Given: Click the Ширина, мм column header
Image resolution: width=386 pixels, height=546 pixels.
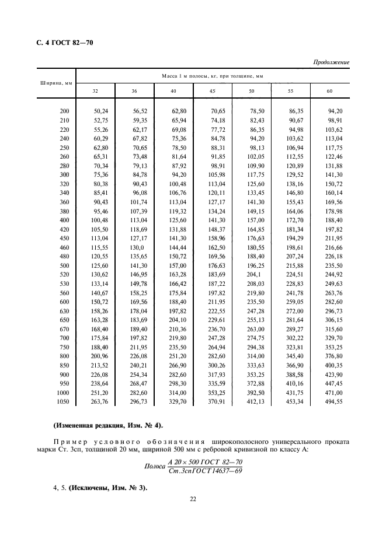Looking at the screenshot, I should pos(55,83).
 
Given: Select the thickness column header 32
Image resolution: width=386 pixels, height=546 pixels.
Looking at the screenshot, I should pos(95,91).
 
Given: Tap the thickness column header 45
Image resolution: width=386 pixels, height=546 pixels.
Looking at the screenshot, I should pos(212,91).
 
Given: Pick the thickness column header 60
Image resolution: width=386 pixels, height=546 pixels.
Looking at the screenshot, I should pos(329,91).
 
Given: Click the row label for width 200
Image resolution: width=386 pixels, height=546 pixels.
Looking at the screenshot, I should pos(64,110).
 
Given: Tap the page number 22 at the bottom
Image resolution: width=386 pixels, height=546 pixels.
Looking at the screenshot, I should pos(193,499).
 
